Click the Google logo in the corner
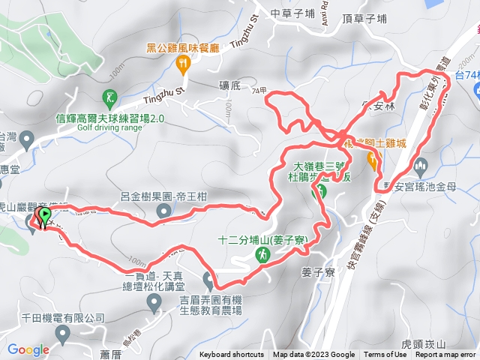28,349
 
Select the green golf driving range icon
110,97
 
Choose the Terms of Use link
385,355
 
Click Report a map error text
446,355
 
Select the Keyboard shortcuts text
232,355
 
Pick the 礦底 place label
229,87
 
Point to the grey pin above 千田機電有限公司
155,302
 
